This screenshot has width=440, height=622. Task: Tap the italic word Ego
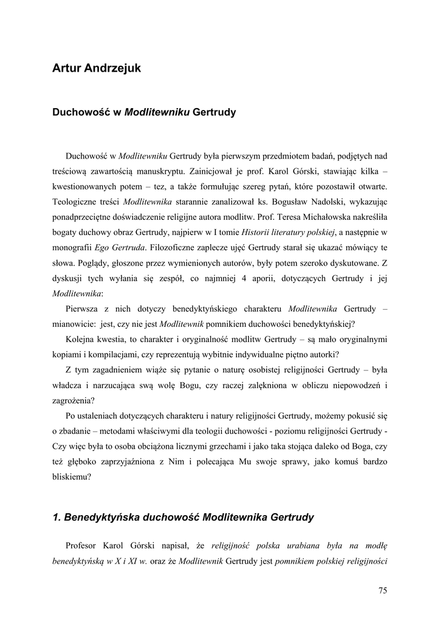(103, 248)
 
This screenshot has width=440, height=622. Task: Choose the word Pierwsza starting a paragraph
(84, 308)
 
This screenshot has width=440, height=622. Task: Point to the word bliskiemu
(72, 478)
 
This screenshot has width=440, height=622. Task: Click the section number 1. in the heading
(57, 518)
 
